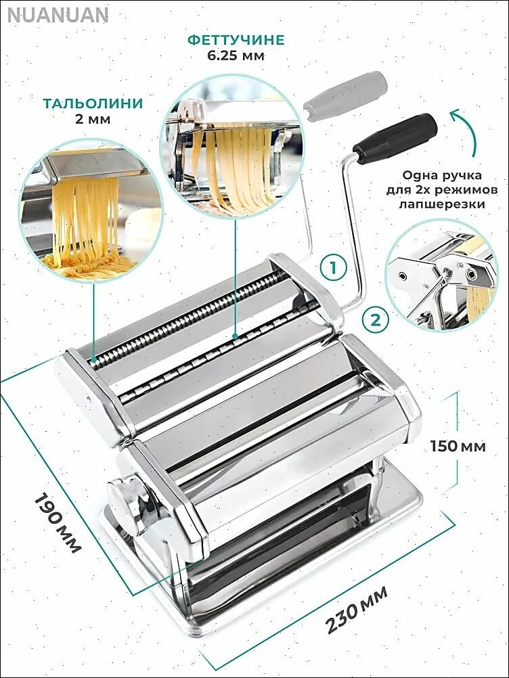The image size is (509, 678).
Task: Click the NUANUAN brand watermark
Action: coord(58,16)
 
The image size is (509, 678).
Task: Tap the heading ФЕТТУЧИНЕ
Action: coord(236,40)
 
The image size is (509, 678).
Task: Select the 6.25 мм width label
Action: coord(236,55)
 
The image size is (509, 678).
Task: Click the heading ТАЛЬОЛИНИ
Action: coord(93,104)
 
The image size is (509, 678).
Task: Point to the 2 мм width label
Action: coord(93,119)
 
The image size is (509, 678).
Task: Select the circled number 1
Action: coord(333,268)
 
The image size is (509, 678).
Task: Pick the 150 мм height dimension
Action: coord(458,445)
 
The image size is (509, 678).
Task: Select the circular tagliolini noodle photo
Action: coord(92,210)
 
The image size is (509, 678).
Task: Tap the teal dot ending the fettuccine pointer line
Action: coord(234,334)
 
